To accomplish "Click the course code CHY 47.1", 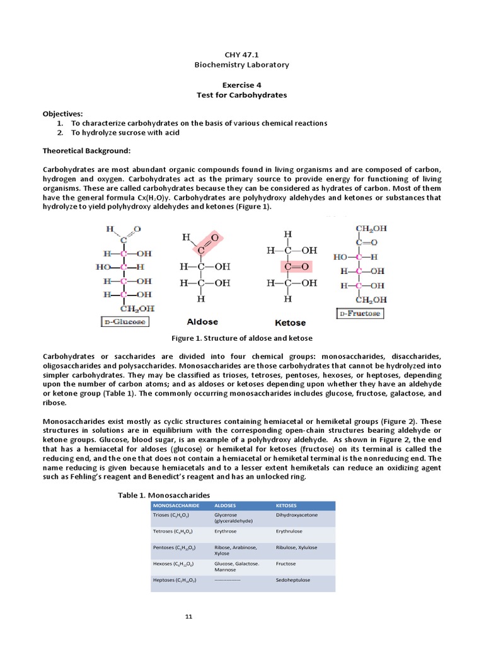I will (x=242, y=55).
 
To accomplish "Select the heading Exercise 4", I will (x=241, y=85).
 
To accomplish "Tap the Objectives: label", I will (x=62, y=113).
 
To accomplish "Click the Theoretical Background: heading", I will (x=86, y=151).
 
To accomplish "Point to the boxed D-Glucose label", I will (x=125, y=321).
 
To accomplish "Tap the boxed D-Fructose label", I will (x=360, y=313).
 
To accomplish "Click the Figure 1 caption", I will (x=242, y=338).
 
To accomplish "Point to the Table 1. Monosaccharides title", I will (x=164, y=496).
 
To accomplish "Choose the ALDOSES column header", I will (x=227, y=505).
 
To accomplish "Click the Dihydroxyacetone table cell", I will (x=297, y=515).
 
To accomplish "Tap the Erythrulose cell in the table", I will (x=290, y=531).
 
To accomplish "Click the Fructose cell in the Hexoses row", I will (x=285, y=563).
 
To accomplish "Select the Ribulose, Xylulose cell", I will (x=297, y=547).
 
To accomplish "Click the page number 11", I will (x=188, y=616).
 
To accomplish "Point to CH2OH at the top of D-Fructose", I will (x=371, y=229).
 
